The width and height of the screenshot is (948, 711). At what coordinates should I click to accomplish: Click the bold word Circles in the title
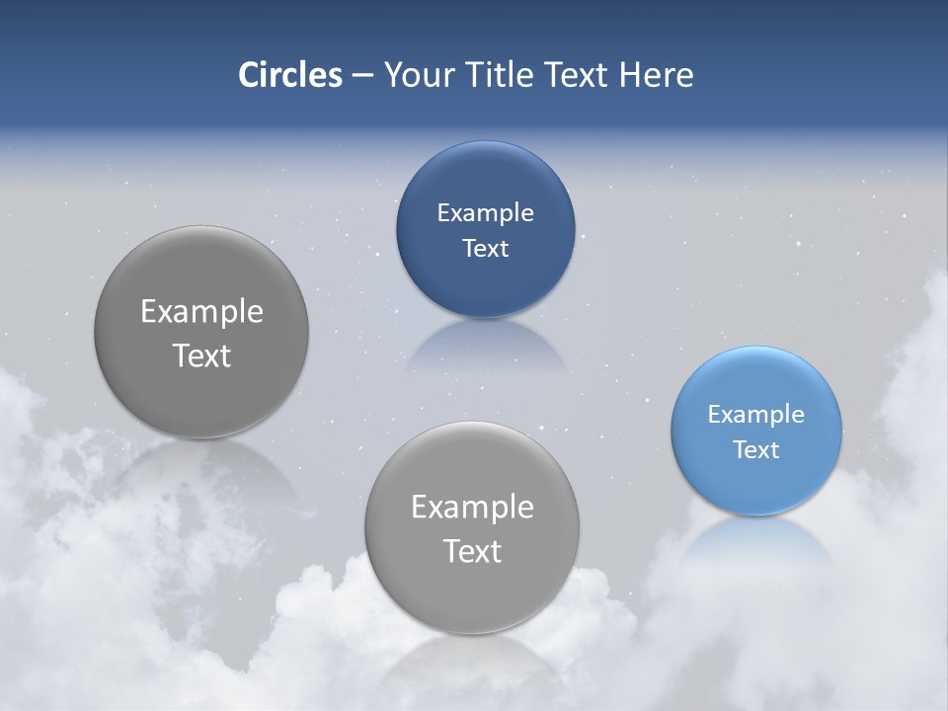pyautogui.click(x=289, y=75)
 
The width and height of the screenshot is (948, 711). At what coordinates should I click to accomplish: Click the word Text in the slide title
pyautogui.click(x=577, y=75)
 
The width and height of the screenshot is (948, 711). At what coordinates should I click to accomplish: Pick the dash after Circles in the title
pyautogui.click(x=361, y=76)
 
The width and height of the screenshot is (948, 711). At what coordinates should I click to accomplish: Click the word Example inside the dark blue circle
pyautogui.click(x=485, y=213)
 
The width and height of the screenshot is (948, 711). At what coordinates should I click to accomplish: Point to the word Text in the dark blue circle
pyautogui.click(x=485, y=248)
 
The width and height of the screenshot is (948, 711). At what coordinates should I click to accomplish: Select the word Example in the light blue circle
pyautogui.click(x=755, y=415)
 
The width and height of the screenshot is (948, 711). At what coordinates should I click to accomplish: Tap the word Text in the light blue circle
pyautogui.click(x=756, y=450)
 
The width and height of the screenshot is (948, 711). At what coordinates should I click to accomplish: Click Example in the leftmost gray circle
pyautogui.click(x=201, y=312)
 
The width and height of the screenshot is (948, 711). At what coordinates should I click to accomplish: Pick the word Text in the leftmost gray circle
pyautogui.click(x=201, y=355)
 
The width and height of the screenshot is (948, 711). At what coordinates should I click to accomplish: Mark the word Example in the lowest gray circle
pyautogui.click(x=472, y=508)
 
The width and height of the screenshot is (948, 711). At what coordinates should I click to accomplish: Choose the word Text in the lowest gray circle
pyautogui.click(x=472, y=551)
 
